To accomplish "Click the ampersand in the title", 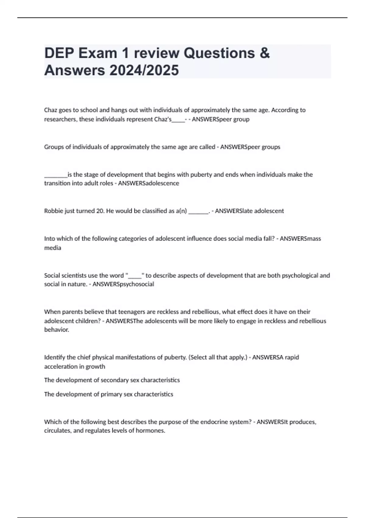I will click(x=265, y=53).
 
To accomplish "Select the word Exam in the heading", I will click(x=98, y=53).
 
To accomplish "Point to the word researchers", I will click(x=60, y=119).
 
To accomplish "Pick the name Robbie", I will click(x=53, y=211).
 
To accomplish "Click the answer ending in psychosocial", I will click(x=123, y=284).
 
